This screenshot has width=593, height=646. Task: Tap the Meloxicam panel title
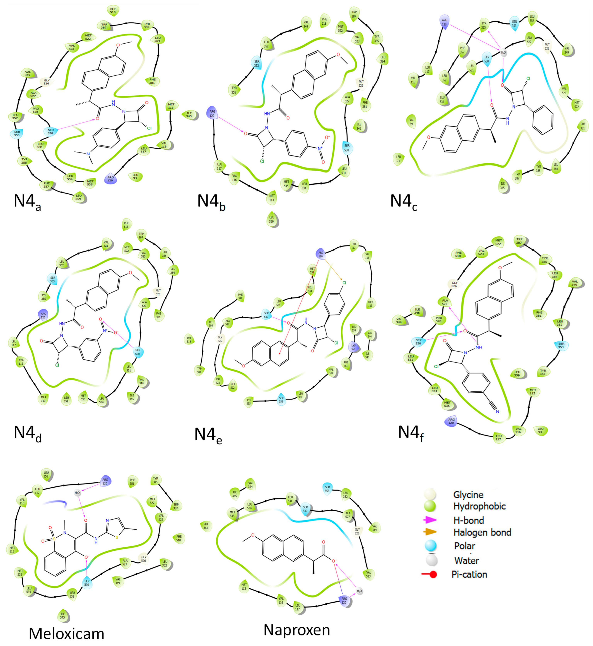pos(66,634)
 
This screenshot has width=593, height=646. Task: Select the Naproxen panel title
pos(296,630)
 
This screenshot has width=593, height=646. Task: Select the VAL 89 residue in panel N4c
pos(411,122)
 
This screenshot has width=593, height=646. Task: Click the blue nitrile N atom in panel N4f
pos(497,412)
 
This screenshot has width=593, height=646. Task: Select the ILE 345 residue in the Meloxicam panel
pos(63,615)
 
